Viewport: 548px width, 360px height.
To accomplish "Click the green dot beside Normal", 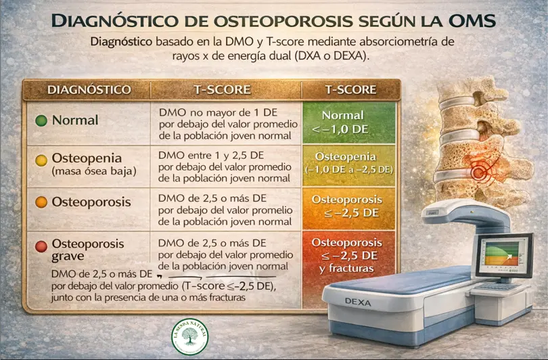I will point(41,120).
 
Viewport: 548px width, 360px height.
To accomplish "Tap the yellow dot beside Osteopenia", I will point(41,160).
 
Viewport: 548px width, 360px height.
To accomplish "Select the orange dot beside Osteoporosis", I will point(41,202).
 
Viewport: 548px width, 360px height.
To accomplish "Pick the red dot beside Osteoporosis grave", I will point(41,246).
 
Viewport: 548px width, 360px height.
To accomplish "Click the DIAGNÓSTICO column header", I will point(88,89).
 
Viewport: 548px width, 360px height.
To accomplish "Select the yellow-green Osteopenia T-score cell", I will point(348,162).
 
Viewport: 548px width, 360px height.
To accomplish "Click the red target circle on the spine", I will point(482,173).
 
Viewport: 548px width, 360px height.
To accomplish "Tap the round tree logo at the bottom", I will point(191,335).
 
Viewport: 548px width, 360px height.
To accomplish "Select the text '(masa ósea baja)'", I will point(94,172).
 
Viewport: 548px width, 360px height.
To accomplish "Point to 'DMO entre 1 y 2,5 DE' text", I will point(211,154).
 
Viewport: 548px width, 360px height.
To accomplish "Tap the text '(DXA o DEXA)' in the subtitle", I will point(330,58).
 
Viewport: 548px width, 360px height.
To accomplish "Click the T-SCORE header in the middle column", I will point(222,89).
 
